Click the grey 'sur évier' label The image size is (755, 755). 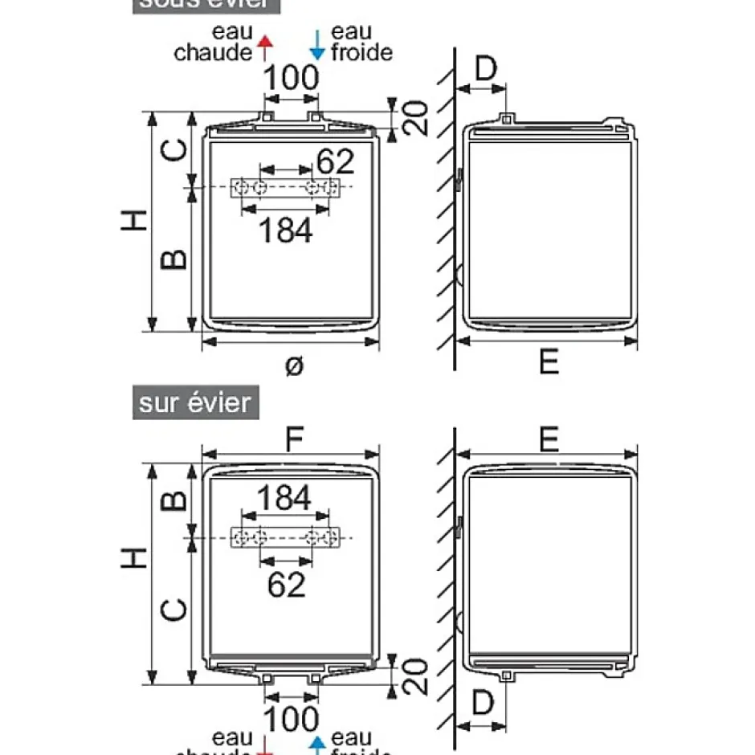195,402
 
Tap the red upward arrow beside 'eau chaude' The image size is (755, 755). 266,47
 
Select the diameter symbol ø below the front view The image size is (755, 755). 294,365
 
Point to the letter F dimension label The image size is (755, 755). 295,439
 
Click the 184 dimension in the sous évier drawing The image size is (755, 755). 285,231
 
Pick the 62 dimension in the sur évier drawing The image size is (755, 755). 286,584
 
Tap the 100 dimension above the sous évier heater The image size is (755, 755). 291,79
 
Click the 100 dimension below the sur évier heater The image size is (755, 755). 291,718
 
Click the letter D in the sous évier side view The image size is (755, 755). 486,70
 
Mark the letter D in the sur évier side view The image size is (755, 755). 482,704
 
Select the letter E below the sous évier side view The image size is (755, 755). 549,363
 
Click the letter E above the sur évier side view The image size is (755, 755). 549,439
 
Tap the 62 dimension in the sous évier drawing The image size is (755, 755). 335,161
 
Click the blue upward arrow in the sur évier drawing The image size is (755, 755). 318,743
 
